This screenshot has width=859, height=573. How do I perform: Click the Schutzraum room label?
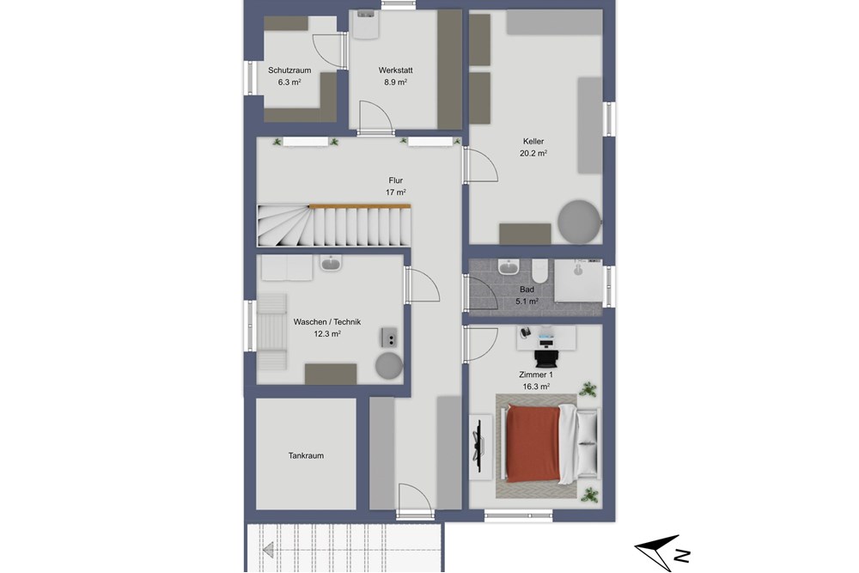click(289, 70)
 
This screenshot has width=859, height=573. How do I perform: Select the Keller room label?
click(533, 142)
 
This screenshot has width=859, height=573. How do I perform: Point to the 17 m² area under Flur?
click(395, 192)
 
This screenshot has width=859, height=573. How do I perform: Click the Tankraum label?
click(306, 456)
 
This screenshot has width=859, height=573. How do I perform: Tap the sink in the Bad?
click(506, 267)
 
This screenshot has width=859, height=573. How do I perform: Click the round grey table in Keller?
click(579, 221)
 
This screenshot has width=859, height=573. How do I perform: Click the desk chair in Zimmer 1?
click(545, 355)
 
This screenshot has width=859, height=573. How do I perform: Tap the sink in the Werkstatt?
click(365, 23)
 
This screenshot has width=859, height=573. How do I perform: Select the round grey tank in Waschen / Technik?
click(389, 366)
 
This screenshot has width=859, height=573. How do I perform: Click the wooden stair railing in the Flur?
click(359, 206)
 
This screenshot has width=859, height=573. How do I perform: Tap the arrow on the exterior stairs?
click(268, 548)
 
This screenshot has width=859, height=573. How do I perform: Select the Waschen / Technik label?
click(326, 321)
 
